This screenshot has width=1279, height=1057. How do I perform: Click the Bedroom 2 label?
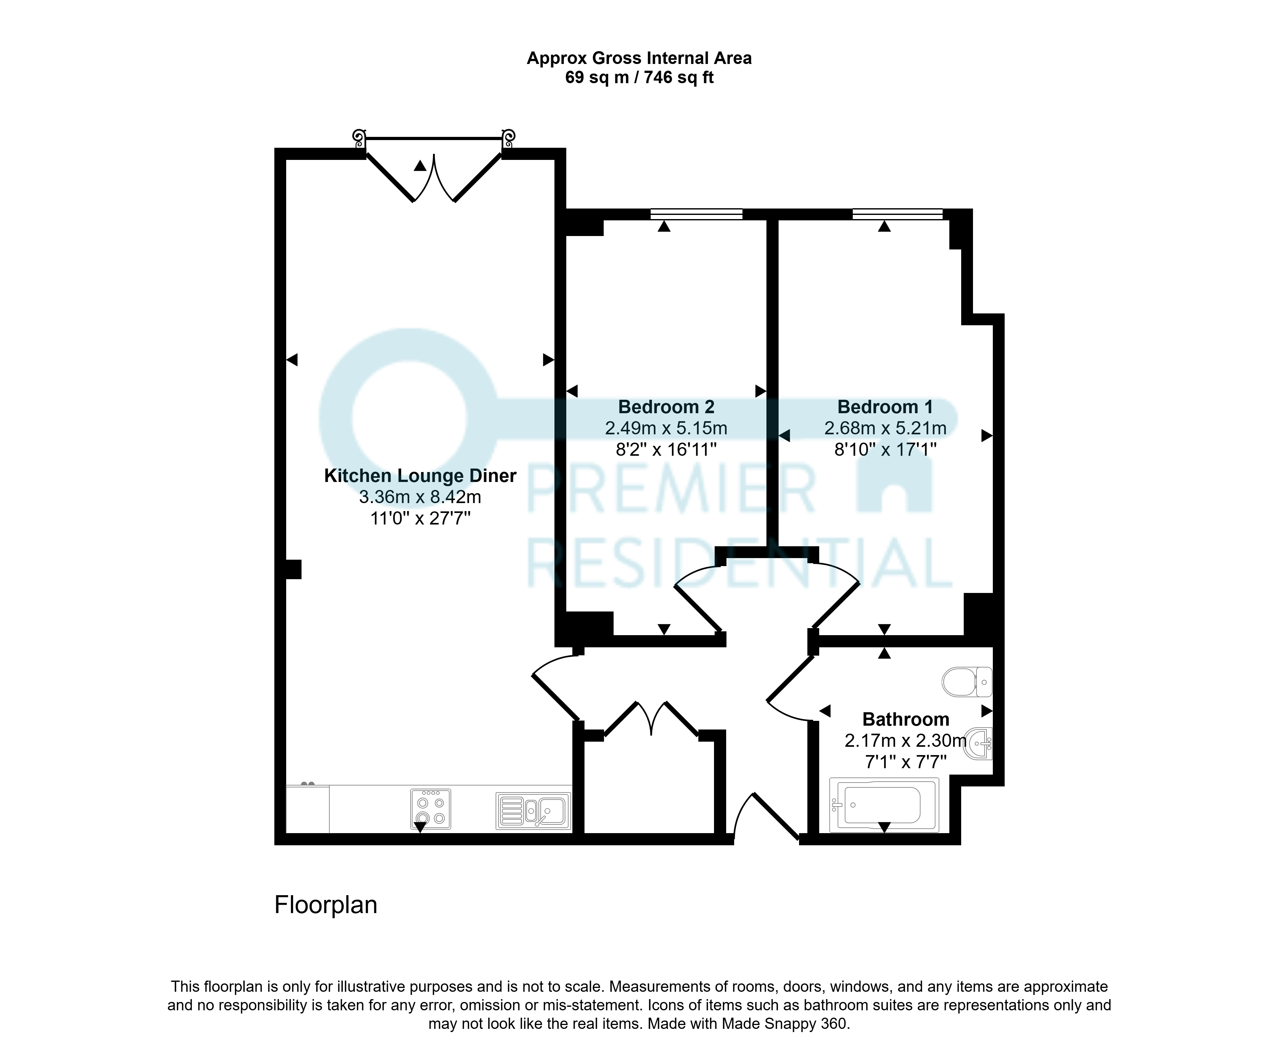666,407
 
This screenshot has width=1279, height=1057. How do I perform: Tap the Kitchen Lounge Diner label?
420,476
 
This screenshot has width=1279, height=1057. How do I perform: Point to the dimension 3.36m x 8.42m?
420,497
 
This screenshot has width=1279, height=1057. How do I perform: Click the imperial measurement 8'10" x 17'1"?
885,449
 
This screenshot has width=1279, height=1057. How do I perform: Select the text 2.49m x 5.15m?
666,428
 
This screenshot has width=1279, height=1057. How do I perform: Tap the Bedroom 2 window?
696,214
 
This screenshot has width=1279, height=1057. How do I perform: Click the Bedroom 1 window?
897,214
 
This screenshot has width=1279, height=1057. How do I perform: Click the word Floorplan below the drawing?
326,905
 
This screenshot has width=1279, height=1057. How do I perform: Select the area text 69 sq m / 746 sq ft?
639,77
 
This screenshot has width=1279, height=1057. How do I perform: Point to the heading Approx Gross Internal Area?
639,59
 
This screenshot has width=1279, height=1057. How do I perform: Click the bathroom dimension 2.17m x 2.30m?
906,740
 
